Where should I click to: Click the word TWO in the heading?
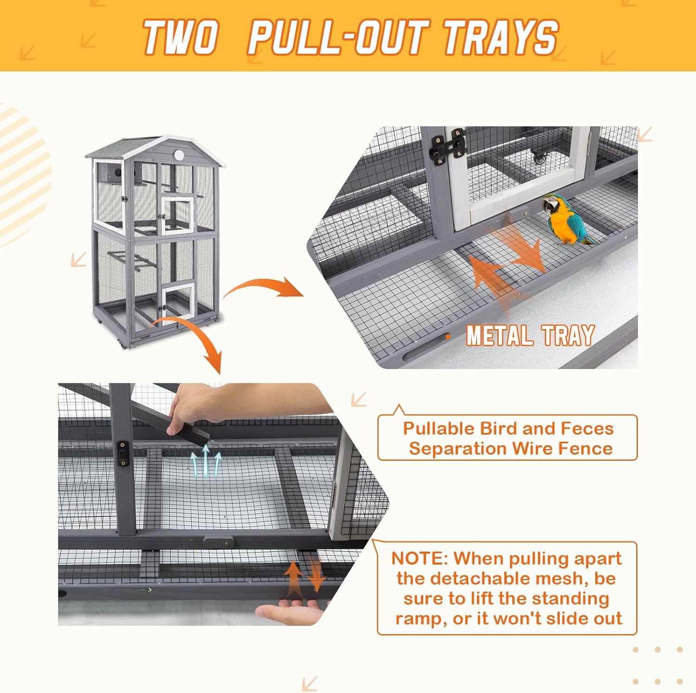[180, 37]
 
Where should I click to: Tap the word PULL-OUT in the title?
[337, 37]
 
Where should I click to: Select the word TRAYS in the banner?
[500, 37]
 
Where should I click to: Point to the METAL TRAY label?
[530, 335]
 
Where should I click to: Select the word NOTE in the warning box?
[419, 558]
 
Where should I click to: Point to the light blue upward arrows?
[206, 461]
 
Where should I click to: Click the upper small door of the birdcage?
[177, 216]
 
